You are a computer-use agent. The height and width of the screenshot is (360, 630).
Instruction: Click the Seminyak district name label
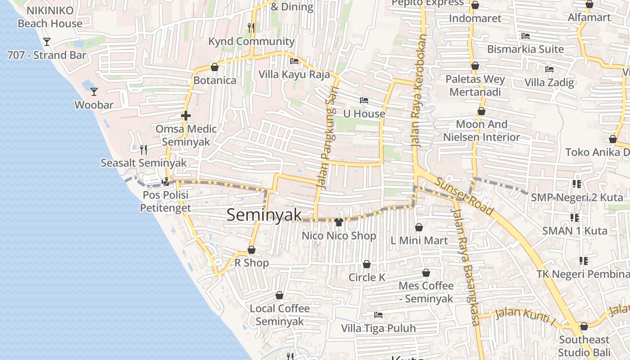click(x=264, y=215)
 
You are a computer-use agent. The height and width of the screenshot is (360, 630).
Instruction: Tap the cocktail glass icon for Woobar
click(x=94, y=92)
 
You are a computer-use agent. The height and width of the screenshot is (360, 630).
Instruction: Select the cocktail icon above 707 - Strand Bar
click(x=47, y=42)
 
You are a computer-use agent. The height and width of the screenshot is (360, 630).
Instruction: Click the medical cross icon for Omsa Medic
click(x=185, y=116)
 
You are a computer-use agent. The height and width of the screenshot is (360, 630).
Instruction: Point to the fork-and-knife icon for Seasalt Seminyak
click(x=144, y=149)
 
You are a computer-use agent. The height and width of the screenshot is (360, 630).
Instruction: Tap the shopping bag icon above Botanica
click(x=215, y=67)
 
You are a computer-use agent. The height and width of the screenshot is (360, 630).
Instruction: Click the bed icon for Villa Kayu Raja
click(x=294, y=61)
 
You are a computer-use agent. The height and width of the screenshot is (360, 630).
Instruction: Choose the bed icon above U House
click(x=364, y=100)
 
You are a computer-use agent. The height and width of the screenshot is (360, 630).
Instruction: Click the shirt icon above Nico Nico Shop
click(x=339, y=222)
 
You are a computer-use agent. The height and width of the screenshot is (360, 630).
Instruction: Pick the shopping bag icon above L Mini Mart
click(x=419, y=227)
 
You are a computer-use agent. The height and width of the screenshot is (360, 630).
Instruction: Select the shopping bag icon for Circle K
click(x=367, y=264)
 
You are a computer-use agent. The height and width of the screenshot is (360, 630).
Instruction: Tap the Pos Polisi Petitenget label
click(x=166, y=202)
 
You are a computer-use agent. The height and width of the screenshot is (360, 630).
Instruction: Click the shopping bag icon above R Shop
click(x=252, y=250)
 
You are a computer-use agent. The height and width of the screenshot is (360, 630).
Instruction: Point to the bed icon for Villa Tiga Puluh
click(x=378, y=315)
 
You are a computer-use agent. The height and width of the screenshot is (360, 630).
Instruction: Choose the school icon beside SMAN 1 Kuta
click(x=575, y=218)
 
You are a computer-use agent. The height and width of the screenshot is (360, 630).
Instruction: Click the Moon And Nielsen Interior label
click(x=481, y=130)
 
